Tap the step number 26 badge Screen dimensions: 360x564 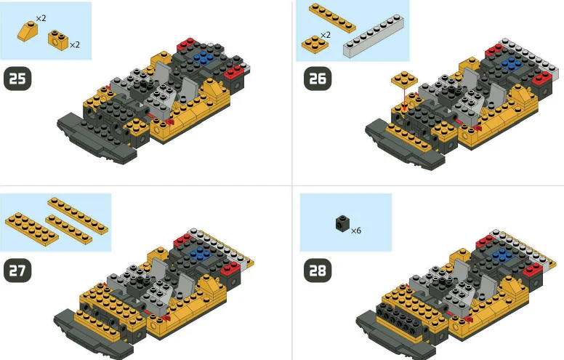(317, 79)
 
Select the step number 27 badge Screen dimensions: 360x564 (18, 270)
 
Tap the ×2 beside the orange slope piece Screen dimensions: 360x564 (41, 17)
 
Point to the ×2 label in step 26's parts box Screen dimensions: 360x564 (326, 34)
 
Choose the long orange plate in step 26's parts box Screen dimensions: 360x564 (331, 17)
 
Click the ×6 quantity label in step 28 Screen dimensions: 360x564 (356, 231)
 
